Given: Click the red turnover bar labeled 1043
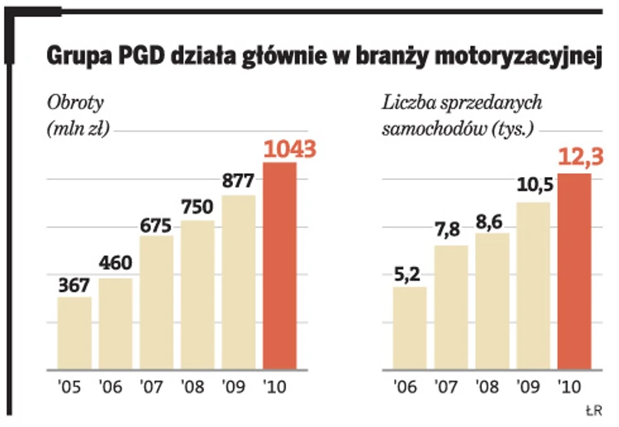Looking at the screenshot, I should point(280,266).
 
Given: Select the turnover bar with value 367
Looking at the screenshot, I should point(75,333).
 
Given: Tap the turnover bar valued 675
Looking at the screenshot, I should point(157,303).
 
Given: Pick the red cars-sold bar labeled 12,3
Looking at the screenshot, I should point(574,272).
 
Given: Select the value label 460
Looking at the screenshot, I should point(115,264).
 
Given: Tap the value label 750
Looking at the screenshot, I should point(198,207).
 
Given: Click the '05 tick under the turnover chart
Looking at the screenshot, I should point(74,385).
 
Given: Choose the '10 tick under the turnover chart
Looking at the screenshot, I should point(279,385).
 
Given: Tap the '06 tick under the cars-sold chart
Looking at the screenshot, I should point(409,385).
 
